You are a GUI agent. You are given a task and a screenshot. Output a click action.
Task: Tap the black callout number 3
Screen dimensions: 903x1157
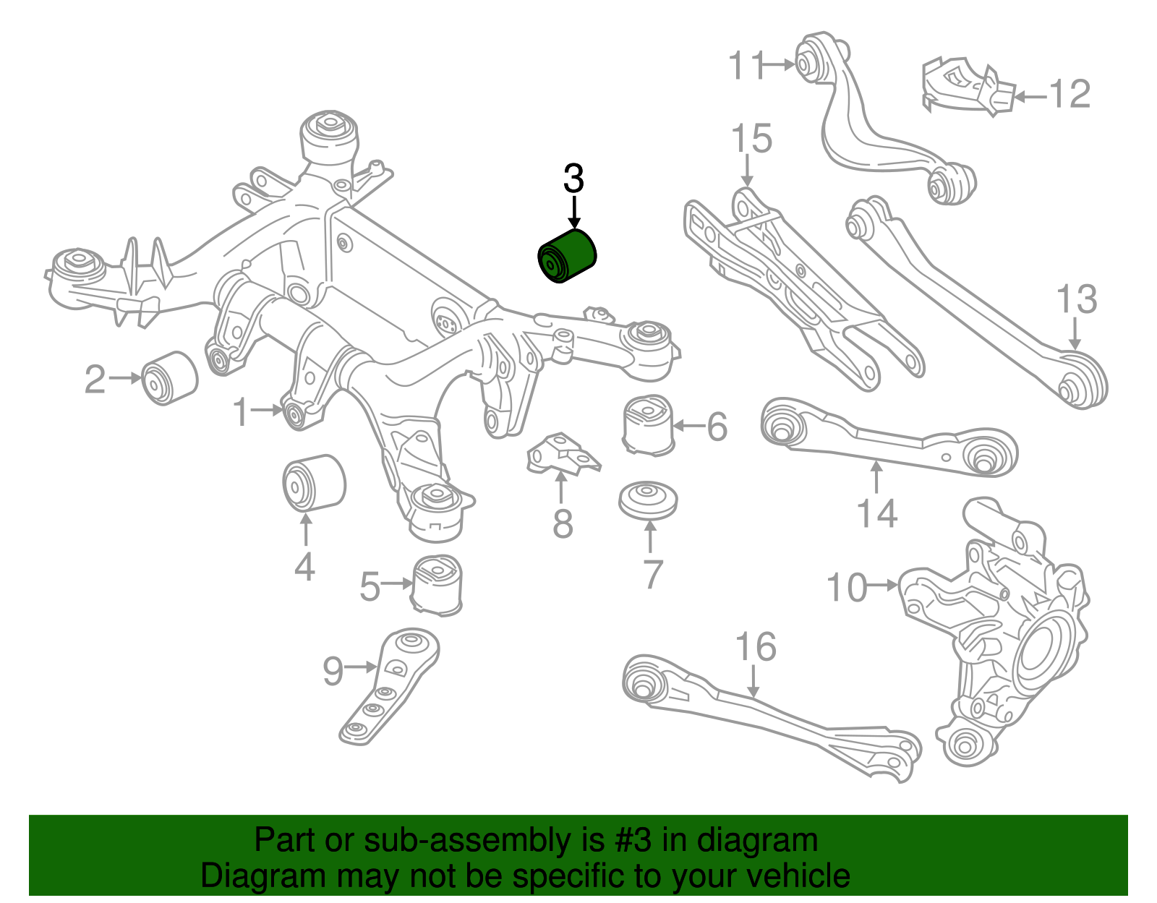pos(573,179)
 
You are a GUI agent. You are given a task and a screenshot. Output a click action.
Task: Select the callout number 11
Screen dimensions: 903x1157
pos(746,66)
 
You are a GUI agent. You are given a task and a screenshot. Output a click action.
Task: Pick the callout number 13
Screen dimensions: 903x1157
pos(1076,299)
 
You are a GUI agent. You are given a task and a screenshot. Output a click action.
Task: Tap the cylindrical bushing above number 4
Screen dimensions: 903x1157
pos(313,482)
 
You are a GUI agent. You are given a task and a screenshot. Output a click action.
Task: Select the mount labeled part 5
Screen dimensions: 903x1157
pos(437,584)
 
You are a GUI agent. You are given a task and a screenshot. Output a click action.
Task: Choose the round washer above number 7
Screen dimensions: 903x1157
pos(648,499)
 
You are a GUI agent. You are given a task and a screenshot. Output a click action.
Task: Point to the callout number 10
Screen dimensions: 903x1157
pos(847,587)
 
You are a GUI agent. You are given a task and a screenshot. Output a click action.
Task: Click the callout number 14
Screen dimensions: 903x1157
pos(876,513)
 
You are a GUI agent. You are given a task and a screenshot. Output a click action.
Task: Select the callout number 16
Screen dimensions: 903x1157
pos(756,647)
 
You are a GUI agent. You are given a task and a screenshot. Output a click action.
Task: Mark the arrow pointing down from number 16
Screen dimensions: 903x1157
pos(753,682)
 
